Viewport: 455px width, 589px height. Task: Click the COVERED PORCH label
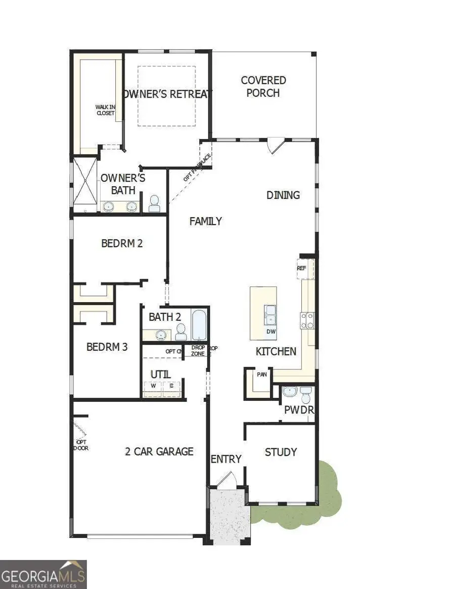(x=263, y=87)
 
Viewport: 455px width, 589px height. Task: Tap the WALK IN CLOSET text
(x=106, y=110)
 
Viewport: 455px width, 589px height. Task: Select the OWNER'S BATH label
(x=123, y=184)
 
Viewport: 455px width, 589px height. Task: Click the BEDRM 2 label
(x=122, y=243)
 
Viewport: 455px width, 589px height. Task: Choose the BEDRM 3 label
(x=107, y=348)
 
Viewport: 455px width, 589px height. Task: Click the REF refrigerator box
(x=301, y=269)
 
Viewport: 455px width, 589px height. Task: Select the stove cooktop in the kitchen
(x=307, y=321)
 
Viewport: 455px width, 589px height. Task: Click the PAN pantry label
(x=261, y=375)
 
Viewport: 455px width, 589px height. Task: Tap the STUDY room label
(x=281, y=452)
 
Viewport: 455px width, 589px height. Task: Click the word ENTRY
(x=226, y=459)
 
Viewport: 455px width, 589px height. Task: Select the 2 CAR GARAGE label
(x=159, y=451)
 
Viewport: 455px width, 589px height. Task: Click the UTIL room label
(x=160, y=374)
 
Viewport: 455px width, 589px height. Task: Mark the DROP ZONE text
(x=198, y=351)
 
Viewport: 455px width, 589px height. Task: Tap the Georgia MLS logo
(x=43, y=574)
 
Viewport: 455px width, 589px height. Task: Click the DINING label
(x=283, y=195)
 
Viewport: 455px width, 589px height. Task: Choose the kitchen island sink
(x=270, y=314)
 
